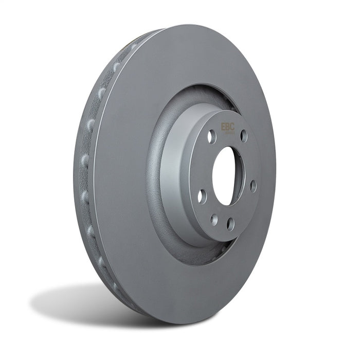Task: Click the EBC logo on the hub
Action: pyautogui.click(x=228, y=127)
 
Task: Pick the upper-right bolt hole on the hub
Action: pyautogui.click(x=243, y=136)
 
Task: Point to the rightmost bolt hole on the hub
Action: pyautogui.click(x=253, y=186)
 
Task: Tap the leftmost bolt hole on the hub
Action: pyautogui.click(x=201, y=196)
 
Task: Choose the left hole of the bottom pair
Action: pyautogui.click(x=214, y=220)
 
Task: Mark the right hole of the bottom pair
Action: pyautogui.click(x=230, y=224)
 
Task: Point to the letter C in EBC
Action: pyautogui.click(x=232, y=127)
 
